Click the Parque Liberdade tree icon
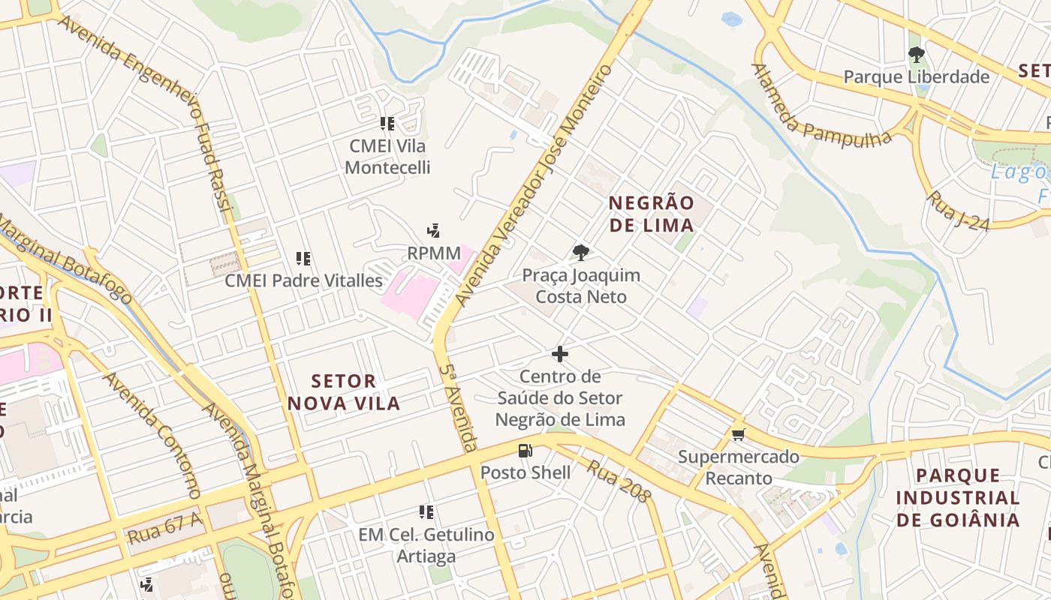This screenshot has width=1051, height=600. [x=916, y=54]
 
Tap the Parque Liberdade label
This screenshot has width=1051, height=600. [x=916, y=76]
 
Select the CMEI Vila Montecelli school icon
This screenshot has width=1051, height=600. [x=387, y=124]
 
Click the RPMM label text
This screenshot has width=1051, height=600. [x=433, y=253]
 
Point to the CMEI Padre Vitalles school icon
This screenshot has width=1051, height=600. [x=303, y=259]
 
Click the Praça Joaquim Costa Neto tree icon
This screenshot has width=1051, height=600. [x=580, y=252]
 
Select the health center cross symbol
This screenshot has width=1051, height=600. [x=560, y=354]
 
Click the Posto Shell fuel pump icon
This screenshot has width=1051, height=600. [x=525, y=451]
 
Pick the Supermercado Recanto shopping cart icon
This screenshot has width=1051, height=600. [x=739, y=434]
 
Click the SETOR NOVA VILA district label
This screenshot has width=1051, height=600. [x=343, y=392]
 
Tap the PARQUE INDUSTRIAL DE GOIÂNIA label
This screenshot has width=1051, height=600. [x=957, y=497]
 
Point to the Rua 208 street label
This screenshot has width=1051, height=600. [x=619, y=481]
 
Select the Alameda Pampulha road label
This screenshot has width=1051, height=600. [x=818, y=109]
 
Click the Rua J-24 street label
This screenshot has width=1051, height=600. [x=957, y=211]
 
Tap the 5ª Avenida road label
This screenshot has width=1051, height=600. [x=459, y=408]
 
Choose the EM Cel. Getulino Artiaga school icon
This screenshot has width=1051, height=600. [x=426, y=512]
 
